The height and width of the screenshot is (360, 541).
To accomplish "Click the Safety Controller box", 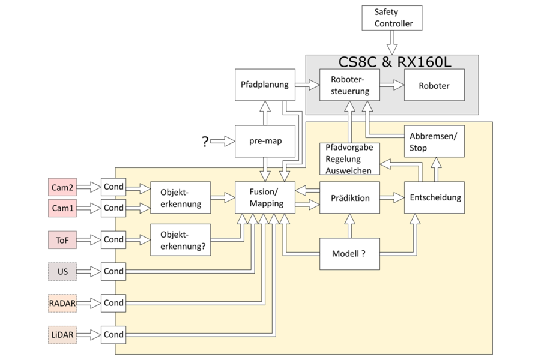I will click(394, 18).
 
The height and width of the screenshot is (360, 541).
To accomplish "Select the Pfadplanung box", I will click(265, 85).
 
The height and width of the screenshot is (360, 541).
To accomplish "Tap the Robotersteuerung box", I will click(349, 85).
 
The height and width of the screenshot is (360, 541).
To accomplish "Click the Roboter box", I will click(434, 85).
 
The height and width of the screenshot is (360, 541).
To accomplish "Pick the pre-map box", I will click(265, 142).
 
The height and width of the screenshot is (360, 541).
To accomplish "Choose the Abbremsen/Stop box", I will click(433, 142).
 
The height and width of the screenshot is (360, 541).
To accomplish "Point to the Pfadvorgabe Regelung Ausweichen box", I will click(350, 159).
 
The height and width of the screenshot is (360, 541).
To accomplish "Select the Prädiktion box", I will click(349, 198).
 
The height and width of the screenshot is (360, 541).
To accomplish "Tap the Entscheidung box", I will click(433, 198).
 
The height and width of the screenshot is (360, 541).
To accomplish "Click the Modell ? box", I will click(349, 253).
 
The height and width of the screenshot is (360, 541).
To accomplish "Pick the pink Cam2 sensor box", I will click(62, 187).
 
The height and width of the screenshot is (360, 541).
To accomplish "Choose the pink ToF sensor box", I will click(62, 239).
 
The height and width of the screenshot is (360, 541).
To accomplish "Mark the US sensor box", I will click(62, 272).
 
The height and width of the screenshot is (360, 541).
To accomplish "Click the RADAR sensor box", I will click(62, 303).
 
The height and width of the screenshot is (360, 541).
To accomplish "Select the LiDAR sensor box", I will click(62, 335).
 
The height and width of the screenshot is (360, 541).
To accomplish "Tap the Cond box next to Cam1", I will click(113, 208).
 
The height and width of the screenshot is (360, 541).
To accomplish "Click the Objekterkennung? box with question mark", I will click(181, 239).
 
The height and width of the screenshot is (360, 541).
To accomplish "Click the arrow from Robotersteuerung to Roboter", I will click(392, 85).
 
